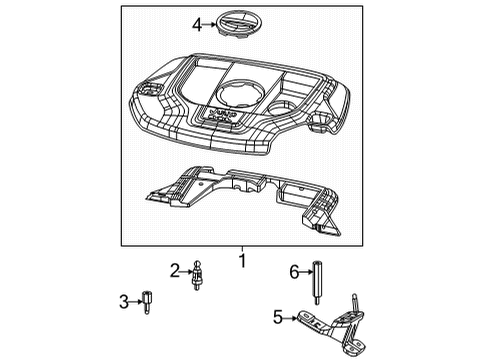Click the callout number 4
click(x=198, y=23)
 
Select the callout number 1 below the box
click(x=241, y=262)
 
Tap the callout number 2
click(x=174, y=269)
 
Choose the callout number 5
click(x=279, y=318)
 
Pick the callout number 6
click(x=295, y=271)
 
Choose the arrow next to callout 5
click(x=292, y=318)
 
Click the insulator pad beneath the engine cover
click(x=240, y=195)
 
